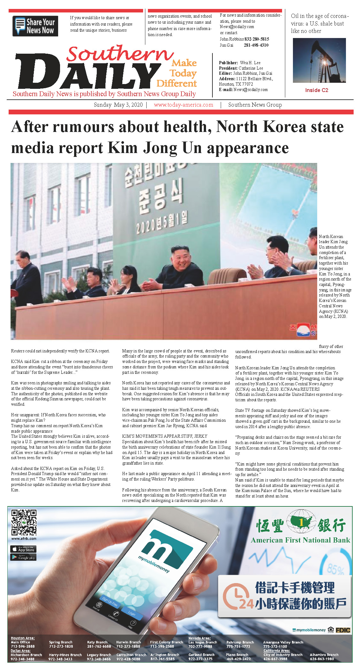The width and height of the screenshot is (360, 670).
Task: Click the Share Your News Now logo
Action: tap(35, 26)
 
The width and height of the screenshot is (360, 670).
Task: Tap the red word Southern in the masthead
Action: tap(120, 53)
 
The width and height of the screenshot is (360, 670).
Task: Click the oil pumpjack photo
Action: tap(319, 60)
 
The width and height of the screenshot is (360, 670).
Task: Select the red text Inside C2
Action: tap(317, 90)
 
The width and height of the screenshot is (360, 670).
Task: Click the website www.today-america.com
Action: tap(183, 105)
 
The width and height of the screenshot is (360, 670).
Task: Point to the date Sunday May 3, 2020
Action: tap(118, 105)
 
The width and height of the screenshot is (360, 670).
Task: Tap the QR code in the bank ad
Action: tap(24, 522)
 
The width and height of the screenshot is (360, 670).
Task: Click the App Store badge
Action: tap(23, 549)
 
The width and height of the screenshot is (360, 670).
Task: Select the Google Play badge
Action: tap(23, 558)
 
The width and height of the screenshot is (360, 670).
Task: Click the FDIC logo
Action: tap(343, 630)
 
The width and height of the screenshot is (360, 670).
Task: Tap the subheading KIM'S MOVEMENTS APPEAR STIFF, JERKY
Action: tap(165, 436)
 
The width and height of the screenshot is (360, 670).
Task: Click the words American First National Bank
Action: tap(300, 540)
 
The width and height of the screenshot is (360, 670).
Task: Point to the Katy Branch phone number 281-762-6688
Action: tap(99, 646)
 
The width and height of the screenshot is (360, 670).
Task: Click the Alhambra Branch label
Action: tap(324, 655)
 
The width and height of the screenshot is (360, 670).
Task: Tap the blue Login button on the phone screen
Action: tap(132, 613)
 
